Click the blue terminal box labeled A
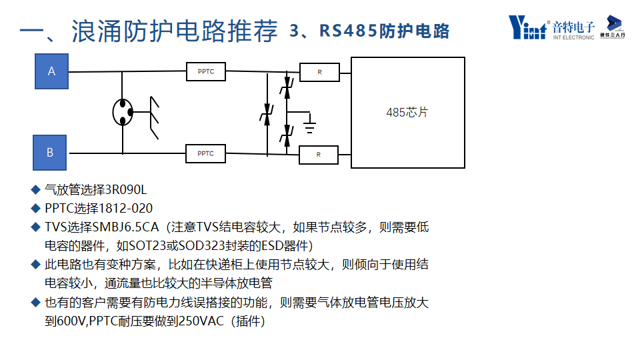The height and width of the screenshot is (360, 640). (51, 71)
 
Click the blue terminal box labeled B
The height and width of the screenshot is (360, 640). (50, 153)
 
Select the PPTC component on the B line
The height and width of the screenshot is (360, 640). (206, 153)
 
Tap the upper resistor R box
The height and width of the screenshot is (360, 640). (319, 72)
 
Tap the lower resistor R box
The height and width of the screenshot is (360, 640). (318, 155)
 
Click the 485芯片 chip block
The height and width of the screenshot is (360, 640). (407, 113)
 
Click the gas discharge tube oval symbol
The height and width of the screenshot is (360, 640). (122, 112)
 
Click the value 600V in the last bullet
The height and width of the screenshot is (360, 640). (72, 321)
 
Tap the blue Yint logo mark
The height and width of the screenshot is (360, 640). (527, 27)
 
